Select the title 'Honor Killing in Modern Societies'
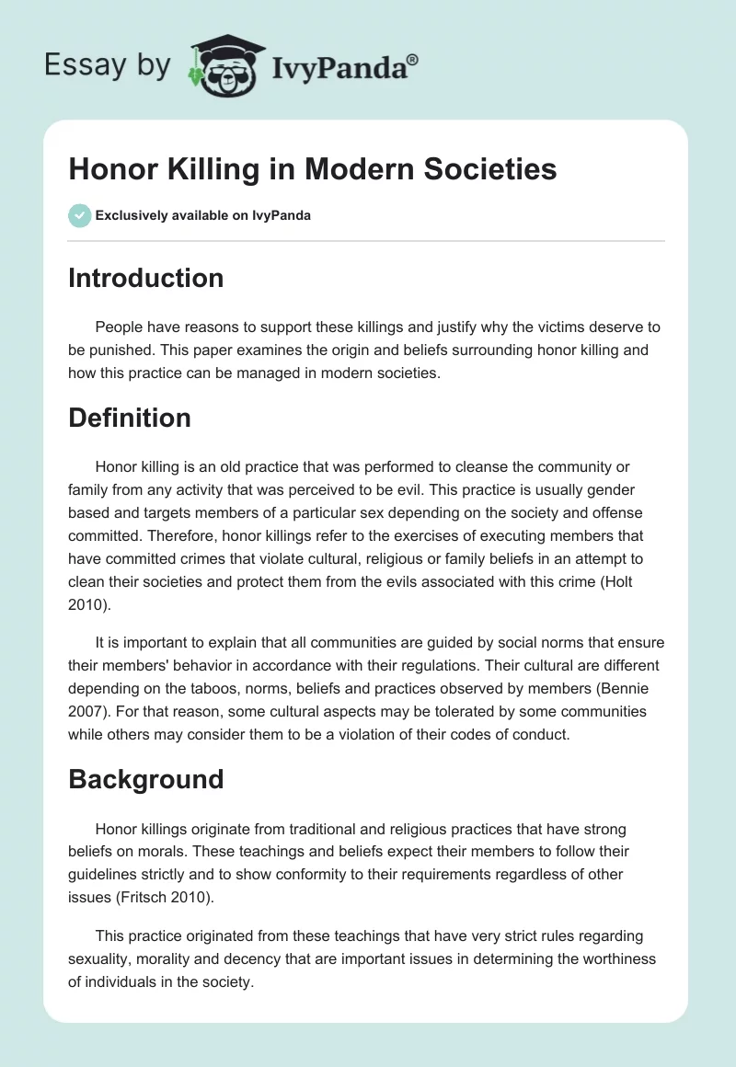click(312, 169)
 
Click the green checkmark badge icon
click(79, 215)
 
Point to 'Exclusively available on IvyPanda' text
click(203, 216)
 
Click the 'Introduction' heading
click(145, 278)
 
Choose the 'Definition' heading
click(130, 418)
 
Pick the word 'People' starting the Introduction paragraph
click(117, 328)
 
